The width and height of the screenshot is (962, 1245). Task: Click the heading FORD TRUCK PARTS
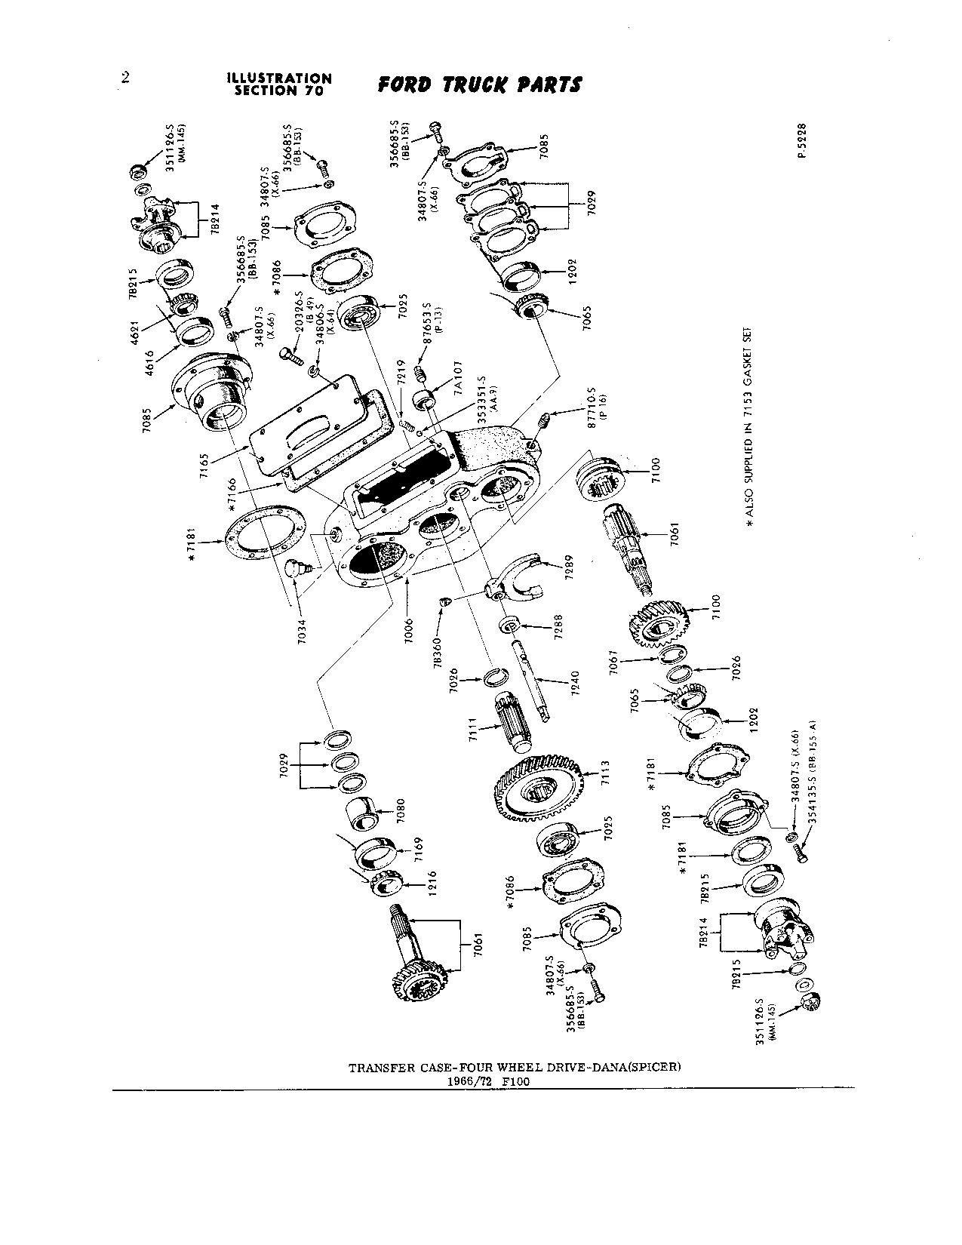coord(479,84)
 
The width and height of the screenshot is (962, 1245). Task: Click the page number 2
coord(124,78)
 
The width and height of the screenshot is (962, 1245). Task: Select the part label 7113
coord(604,776)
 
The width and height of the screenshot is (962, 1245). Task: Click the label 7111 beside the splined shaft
coord(472,730)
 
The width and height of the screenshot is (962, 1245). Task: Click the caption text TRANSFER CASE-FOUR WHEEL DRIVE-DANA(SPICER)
coord(514,1068)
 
